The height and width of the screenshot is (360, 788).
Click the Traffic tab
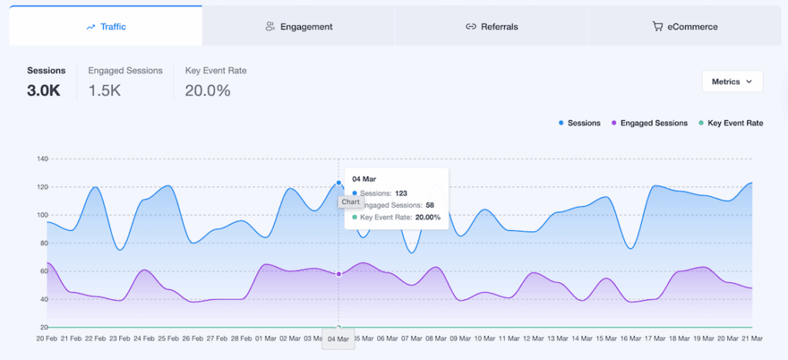click(x=106, y=26)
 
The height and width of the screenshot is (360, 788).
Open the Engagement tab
click(x=299, y=26)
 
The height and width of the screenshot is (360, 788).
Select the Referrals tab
click(x=492, y=26)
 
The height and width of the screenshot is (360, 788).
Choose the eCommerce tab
click(x=685, y=26)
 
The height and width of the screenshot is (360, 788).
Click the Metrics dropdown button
click(x=732, y=82)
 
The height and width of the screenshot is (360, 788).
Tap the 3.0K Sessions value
click(x=43, y=90)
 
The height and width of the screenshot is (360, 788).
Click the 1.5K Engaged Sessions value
click(x=105, y=90)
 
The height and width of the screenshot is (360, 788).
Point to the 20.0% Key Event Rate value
click(x=208, y=90)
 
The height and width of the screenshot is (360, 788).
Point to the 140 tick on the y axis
click(x=42, y=159)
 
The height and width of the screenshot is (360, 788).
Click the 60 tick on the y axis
click(x=44, y=272)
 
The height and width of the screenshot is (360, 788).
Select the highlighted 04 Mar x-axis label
click(x=339, y=339)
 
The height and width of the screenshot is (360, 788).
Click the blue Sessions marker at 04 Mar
click(x=339, y=183)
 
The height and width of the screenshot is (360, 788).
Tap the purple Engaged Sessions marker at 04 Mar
click(x=339, y=274)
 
